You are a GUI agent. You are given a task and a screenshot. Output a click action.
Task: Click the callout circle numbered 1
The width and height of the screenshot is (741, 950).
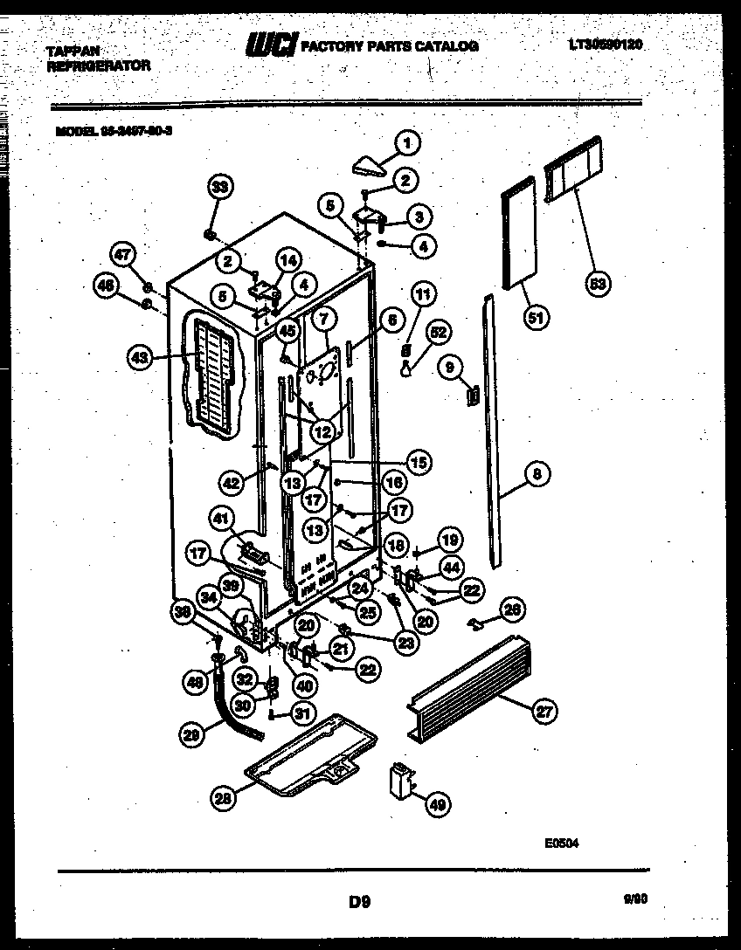click(x=406, y=141)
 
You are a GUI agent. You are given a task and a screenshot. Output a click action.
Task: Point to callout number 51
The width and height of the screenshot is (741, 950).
click(x=536, y=319)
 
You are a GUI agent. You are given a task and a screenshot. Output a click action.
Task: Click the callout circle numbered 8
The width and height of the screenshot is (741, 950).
click(x=537, y=475)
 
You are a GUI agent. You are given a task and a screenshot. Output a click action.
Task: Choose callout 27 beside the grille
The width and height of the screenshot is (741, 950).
click(x=544, y=712)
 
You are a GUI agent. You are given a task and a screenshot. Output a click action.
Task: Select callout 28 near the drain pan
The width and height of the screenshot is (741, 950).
click(x=225, y=795)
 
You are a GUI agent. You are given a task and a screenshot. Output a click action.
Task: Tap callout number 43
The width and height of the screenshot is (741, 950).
click(x=139, y=356)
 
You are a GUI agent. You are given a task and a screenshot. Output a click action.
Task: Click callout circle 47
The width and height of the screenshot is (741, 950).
click(x=123, y=254)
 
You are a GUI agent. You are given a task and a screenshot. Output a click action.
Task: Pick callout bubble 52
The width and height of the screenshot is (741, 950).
click(x=438, y=332)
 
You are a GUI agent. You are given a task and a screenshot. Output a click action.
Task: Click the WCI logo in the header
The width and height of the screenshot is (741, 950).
click(x=272, y=44)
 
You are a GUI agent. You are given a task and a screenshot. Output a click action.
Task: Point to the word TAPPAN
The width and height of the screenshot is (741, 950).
click(x=73, y=52)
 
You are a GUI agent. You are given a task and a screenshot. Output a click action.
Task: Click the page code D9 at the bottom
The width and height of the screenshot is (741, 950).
click(x=359, y=902)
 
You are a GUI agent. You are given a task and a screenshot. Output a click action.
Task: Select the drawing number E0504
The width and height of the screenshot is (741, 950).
click(x=561, y=843)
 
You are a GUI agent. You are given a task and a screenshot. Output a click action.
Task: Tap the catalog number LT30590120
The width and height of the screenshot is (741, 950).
click(x=605, y=44)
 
